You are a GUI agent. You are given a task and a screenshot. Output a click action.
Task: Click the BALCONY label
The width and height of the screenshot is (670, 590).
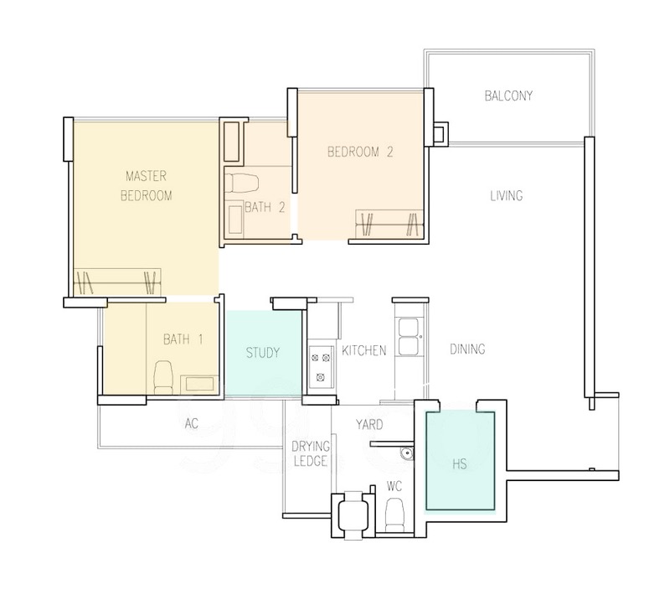pyautogui.click(x=508, y=96)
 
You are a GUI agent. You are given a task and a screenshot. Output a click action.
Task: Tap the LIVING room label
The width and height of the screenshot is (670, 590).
pyautogui.click(x=507, y=196)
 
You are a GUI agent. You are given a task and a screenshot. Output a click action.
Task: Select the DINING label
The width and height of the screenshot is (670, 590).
pyautogui.click(x=467, y=349)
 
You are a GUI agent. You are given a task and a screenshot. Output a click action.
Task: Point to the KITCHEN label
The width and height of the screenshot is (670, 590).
pyautogui.click(x=364, y=350)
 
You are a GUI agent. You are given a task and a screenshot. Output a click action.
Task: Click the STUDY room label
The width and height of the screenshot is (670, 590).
pyautogui.click(x=263, y=353)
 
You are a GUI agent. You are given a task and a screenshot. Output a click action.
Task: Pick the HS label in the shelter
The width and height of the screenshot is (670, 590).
pyautogui.click(x=459, y=464)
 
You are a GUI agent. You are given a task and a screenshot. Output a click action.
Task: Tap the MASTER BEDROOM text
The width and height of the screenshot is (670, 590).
pyautogui.click(x=146, y=185)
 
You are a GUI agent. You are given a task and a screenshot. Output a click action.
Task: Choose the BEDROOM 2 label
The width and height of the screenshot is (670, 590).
pyautogui.click(x=360, y=152)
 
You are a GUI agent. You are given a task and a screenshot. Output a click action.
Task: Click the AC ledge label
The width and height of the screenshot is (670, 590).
pyautogui.click(x=192, y=423)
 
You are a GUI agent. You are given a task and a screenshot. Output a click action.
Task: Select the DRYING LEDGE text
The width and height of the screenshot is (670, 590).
pyautogui.click(x=311, y=453)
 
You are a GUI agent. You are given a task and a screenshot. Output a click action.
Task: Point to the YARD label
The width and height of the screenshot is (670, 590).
pyautogui.click(x=369, y=425)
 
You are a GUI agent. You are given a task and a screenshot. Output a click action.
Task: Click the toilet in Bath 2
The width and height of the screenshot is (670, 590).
pyautogui.click(x=241, y=183)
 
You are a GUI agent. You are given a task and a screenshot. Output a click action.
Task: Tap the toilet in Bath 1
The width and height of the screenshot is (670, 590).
pyautogui.click(x=162, y=377)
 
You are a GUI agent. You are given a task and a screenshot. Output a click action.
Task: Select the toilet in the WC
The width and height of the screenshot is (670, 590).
pyautogui.click(x=394, y=515)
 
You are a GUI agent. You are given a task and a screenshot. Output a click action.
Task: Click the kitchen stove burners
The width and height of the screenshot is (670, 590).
pyautogui.click(x=321, y=367)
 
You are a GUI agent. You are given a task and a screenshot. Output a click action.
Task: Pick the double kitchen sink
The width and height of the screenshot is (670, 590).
pyautogui.click(x=409, y=336)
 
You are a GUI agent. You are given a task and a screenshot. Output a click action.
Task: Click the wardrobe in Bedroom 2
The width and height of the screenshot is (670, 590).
pyautogui.click(x=389, y=224)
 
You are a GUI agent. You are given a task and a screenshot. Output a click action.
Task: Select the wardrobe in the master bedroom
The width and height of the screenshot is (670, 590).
pyautogui.click(x=117, y=282)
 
